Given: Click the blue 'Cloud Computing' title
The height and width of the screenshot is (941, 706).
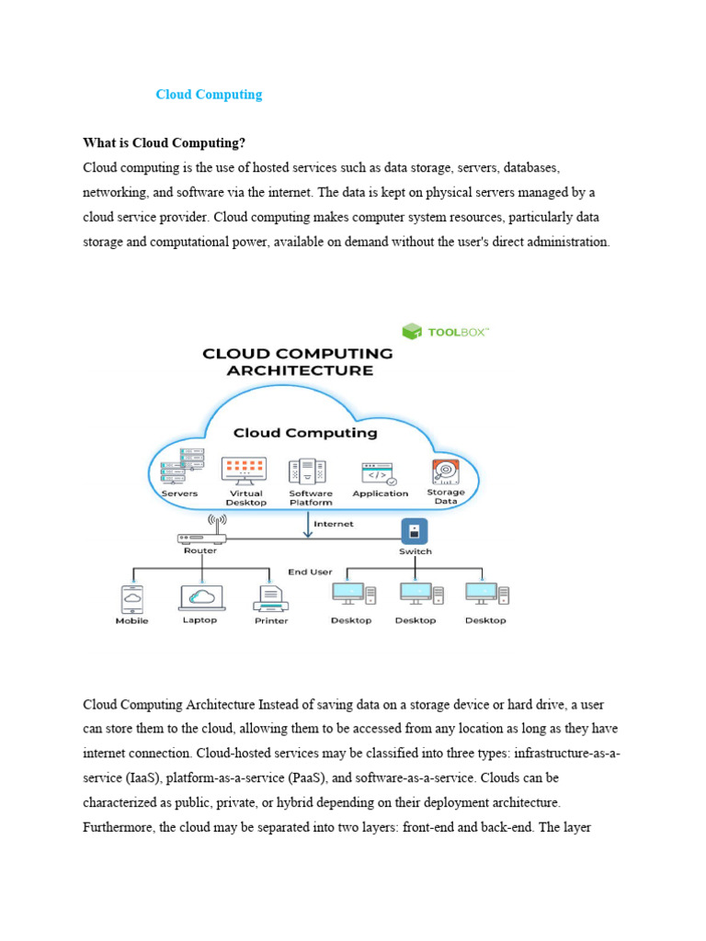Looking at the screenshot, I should (209, 95).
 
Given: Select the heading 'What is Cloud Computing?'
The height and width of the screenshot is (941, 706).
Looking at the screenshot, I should (165, 143).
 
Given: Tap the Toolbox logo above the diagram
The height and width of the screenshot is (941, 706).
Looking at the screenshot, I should (446, 331).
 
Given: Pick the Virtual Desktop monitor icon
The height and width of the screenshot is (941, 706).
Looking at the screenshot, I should (245, 470).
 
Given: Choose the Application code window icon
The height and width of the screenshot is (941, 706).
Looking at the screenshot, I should (379, 473).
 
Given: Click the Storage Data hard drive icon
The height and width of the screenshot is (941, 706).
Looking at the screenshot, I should (446, 471).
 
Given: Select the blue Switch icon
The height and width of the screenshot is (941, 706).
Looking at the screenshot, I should (415, 531).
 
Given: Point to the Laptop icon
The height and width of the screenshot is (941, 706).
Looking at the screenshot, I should (200, 596).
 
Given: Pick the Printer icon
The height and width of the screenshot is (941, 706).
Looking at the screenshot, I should (271, 598).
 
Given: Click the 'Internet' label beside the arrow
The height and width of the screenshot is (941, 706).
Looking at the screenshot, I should (333, 524).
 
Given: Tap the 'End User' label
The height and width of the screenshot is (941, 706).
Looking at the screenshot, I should (310, 572).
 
